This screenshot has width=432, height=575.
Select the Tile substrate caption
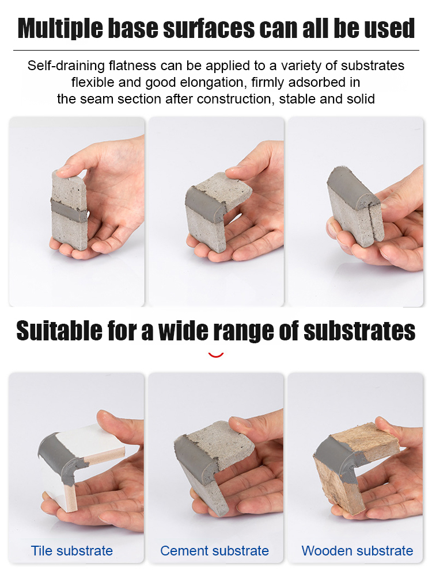(72, 551)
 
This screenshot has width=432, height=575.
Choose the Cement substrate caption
(214, 551)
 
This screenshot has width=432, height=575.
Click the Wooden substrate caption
(357, 551)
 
